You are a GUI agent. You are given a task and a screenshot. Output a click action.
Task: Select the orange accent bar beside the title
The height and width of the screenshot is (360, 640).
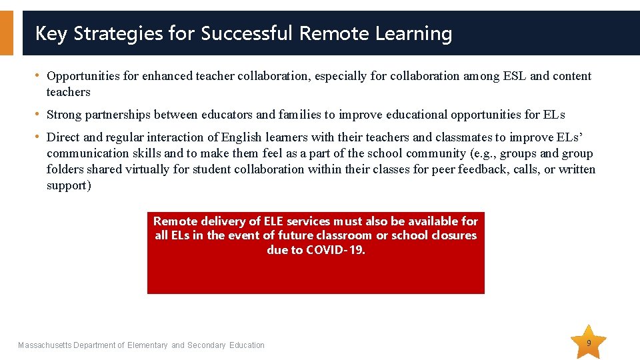6,33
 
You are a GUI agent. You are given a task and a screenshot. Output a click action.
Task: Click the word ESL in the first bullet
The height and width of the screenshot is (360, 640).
511,76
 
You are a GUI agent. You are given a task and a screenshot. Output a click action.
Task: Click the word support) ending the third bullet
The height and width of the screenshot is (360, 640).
69,185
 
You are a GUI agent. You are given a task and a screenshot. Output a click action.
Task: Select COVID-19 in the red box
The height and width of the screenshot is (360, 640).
336,250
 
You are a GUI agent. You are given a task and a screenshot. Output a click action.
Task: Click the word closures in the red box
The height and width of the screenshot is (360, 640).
453,235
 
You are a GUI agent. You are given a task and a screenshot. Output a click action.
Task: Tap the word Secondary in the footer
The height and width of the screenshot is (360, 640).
207,345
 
